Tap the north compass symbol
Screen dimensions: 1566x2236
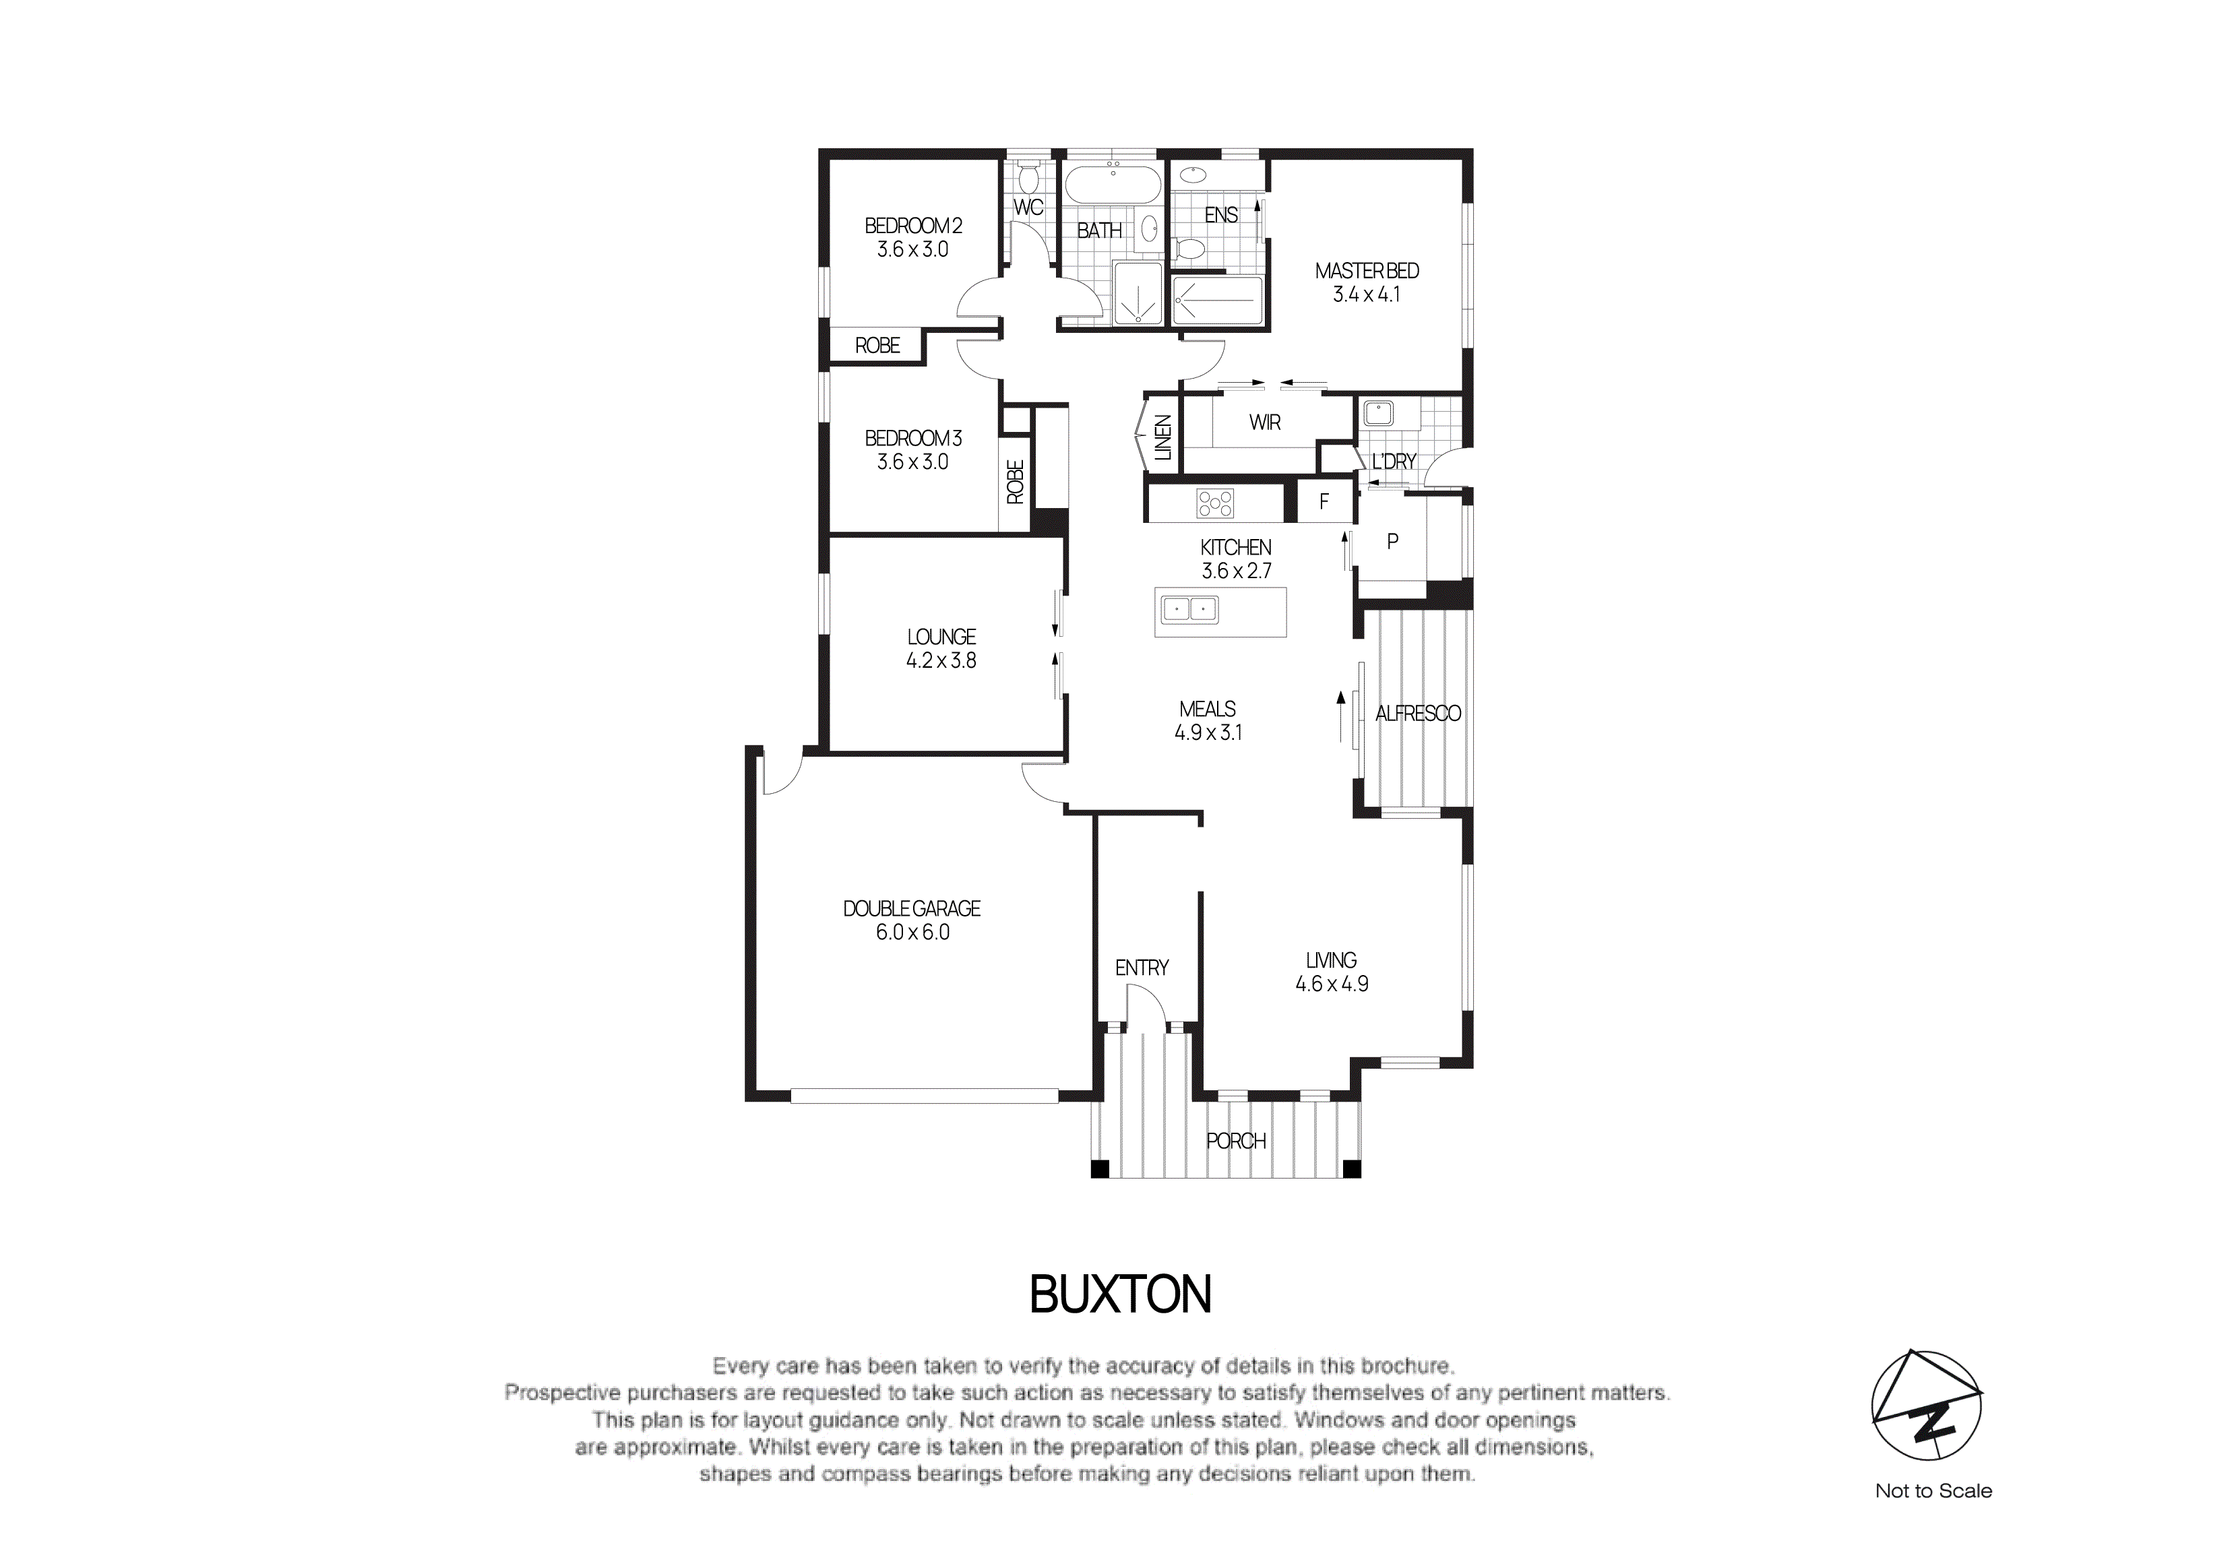pyautogui.click(x=1926, y=1404)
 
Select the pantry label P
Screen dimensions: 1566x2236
pyautogui.click(x=1392, y=542)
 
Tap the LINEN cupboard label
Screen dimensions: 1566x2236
pyautogui.click(x=1162, y=437)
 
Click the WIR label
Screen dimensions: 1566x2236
pyautogui.click(x=1264, y=422)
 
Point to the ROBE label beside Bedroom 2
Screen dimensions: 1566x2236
pyautogui.click(x=877, y=346)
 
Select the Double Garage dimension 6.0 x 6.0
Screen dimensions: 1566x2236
pyautogui.click(x=912, y=932)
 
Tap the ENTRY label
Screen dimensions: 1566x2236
pyautogui.click(x=1142, y=968)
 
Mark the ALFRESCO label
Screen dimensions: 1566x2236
pyautogui.click(x=1417, y=714)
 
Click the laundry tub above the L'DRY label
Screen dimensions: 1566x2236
pyautogui.click(x=1378, y=413)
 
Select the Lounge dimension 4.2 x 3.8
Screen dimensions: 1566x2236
pyautogui.click(x=941, y=660)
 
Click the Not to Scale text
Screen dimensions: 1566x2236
pyautogui.click(x=1933, y=1491)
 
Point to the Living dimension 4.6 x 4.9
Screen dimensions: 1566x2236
pyautogui.click(x=1331, y=984)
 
